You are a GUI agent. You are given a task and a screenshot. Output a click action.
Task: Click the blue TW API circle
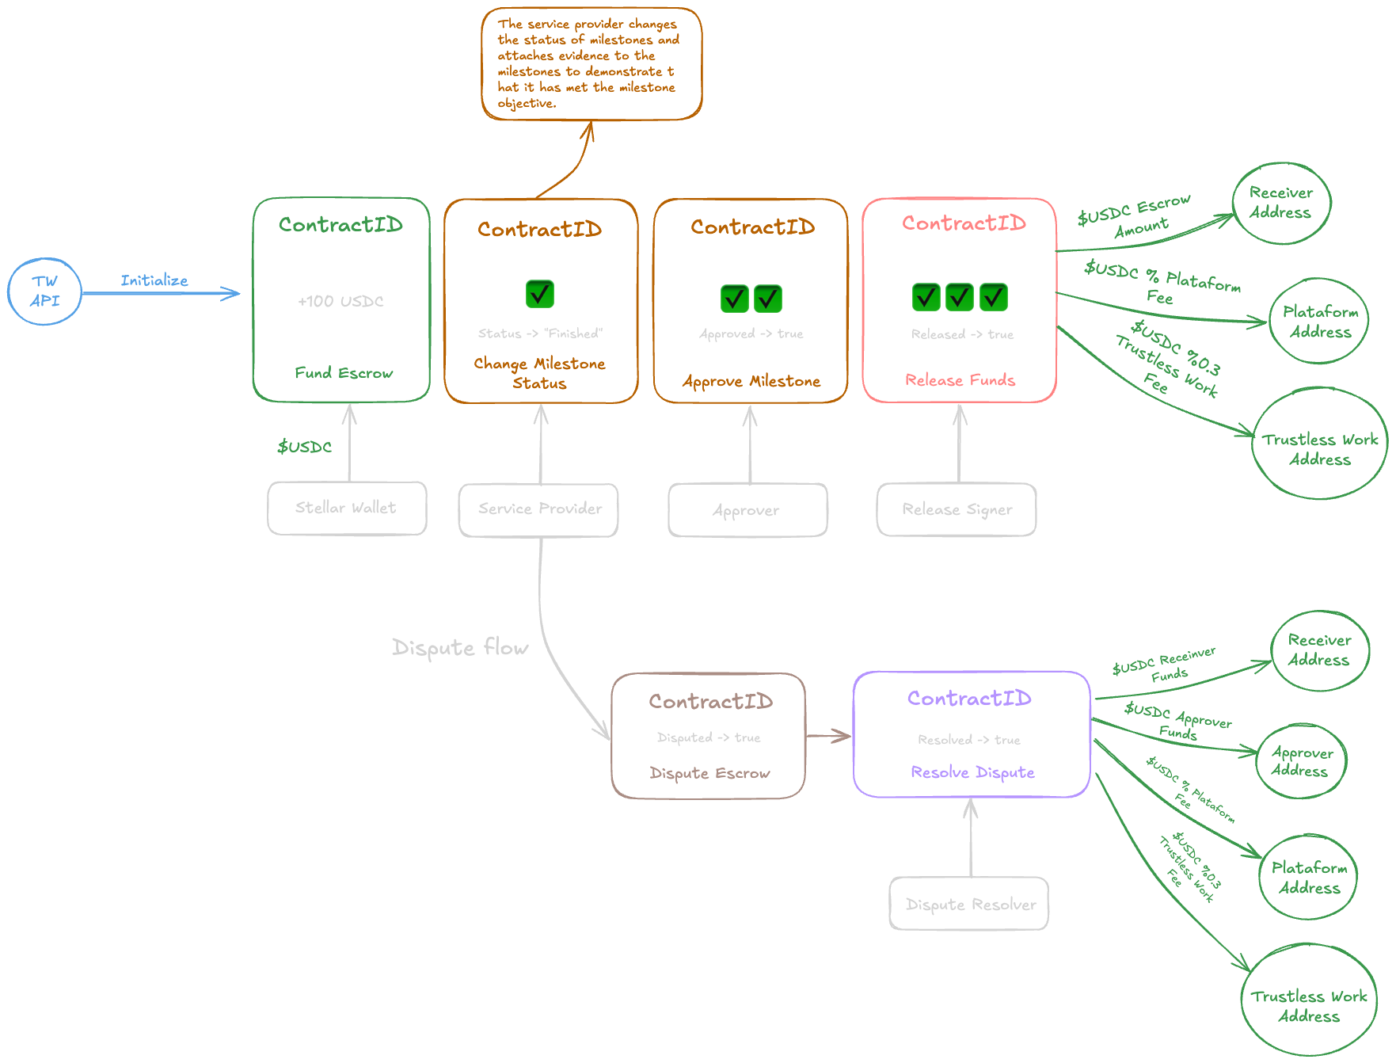(44, 291)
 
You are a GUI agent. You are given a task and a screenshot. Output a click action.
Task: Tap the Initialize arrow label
(154, 280)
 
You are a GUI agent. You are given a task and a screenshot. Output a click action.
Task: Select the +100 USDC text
(340, 301)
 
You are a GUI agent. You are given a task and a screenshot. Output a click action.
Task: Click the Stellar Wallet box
(347, 508)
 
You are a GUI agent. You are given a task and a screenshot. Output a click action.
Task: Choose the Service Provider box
(539, 509)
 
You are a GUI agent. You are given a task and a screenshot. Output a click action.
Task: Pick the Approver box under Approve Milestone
(747, 510)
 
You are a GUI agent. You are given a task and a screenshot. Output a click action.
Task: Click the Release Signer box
(957, 509)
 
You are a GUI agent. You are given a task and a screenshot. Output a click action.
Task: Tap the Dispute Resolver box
(969, 904)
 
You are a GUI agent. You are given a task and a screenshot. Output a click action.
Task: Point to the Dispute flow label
(460, 648)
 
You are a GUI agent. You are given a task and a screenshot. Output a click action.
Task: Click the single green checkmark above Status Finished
(540, 294)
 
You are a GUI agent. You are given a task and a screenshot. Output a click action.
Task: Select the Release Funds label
(960, 380)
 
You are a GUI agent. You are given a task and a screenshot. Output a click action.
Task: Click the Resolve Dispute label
(972, 772)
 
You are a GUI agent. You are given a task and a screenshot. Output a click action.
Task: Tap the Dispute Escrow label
(709, 773)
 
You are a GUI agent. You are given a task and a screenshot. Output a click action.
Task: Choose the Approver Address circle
(1301, 761)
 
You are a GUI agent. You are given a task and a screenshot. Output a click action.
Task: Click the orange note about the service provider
(591, 63)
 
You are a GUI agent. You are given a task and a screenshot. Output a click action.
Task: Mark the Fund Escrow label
(344, 373)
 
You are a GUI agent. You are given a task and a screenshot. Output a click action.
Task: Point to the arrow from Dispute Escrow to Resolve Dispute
(828, 737)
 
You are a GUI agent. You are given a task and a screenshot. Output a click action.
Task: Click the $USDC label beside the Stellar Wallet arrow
(304, 447)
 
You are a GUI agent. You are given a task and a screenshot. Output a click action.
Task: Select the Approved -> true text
(751, 333)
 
